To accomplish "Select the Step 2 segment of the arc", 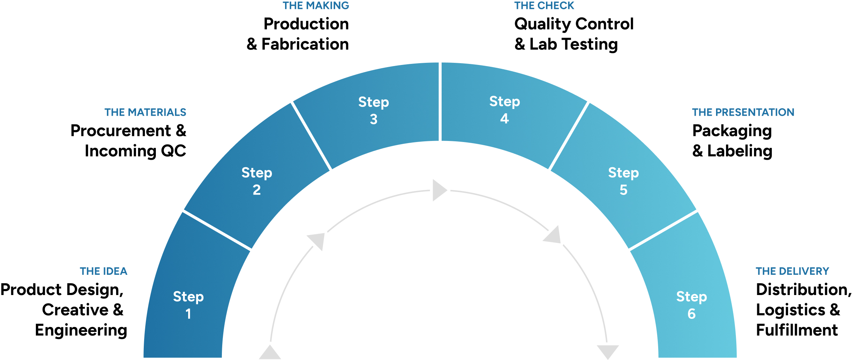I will click(257, 181).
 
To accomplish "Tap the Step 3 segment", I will click(373, 110).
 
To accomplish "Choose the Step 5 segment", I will click(623, 181).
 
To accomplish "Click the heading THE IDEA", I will click(103, 271).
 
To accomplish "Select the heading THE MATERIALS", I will click(145, 112).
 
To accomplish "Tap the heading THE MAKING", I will click(316, 6).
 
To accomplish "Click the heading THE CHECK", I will click(544, 6).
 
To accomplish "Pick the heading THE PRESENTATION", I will click(743, 112).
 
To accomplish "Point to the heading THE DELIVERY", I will click(792, 271).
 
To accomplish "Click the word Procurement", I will click(121, 131).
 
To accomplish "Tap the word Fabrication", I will click(305, 44).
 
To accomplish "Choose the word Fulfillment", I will click(797, 330).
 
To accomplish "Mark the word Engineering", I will click(81, 331).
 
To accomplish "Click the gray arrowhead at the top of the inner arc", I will click(439, 190).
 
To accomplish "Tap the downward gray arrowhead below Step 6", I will click(608, 351).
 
